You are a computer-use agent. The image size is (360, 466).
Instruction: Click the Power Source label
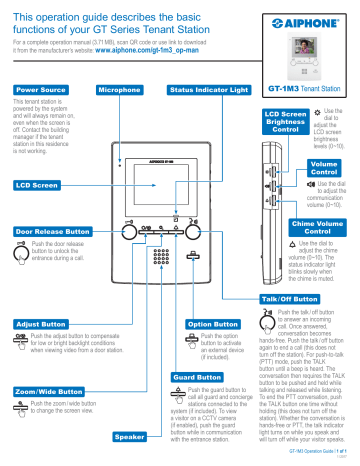click(37, 90)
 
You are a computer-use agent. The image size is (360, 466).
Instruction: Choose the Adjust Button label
click(38, 324)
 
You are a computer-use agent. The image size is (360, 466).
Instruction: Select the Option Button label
click(212, 324)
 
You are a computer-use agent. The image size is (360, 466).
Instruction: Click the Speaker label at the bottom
click(132, 437)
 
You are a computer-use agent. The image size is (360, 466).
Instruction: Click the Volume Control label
click(324, 166)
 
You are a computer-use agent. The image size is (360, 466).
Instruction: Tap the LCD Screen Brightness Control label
click(286, 122)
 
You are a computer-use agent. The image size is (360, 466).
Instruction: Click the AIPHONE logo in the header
click(305, 19)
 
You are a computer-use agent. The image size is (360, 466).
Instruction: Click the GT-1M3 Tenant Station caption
click(306, 88)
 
